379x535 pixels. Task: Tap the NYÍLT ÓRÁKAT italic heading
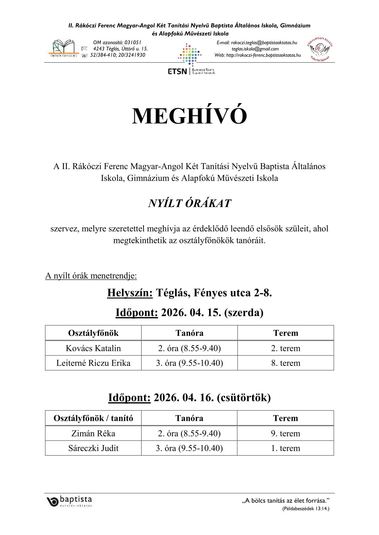[x=189, y=204]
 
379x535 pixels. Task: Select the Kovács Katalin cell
[x=93, y=348]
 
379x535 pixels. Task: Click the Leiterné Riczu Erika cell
[x=93, y=363]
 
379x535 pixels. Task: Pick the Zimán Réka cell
[x=93, y=433]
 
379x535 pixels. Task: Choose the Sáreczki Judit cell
[x=93, y=448]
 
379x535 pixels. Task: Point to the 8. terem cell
[x=285, y=363]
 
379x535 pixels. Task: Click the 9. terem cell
[x=285, y=433]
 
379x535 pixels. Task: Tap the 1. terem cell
[x=285, y=448]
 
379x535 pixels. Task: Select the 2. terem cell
[x=285, y=348]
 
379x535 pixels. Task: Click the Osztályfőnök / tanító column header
[x=93, y=418]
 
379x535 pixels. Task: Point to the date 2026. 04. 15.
[x=191, y=313]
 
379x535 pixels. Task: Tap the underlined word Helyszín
[x=130, y=293]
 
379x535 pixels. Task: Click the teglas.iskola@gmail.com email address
[x=255, y=49]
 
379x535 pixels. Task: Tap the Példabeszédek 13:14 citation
[x=306, y=509]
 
